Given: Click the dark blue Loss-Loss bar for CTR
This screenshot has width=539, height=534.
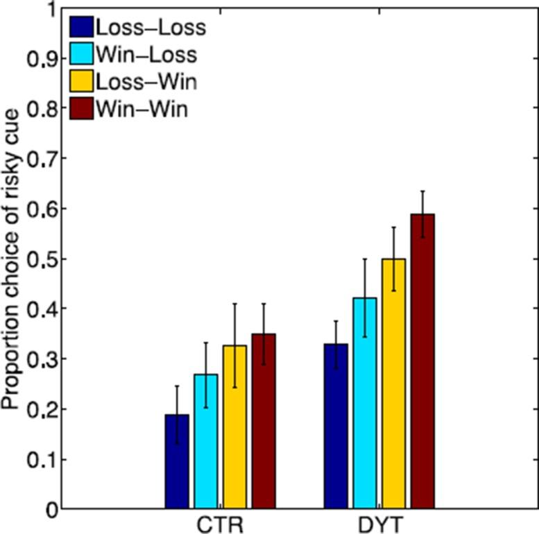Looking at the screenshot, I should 177,462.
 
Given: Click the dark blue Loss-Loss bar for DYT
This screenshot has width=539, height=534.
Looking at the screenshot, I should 336,427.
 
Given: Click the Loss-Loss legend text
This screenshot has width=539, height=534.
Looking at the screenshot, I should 151,27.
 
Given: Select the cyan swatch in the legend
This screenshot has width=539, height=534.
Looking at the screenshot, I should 82,54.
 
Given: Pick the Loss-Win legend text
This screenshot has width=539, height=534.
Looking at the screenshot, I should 146,82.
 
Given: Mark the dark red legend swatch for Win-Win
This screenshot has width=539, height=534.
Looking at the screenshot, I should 82,109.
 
